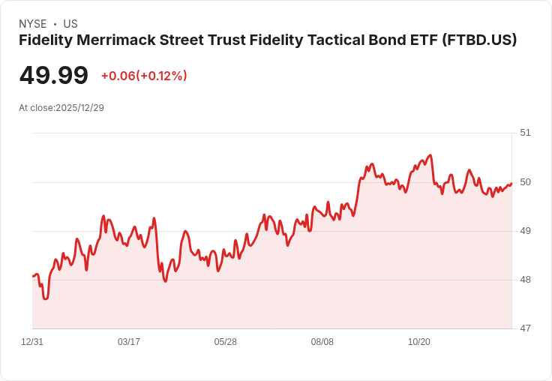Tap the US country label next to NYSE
click(x=70, y=24)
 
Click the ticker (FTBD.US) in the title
click(x=480, y=40)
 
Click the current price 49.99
click(x=54, y=75)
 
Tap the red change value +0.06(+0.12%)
click(x=144, y=76)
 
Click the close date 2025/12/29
click(x=79, y=108)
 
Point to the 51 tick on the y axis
click(x=525, y=133)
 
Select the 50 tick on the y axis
click(x=525, y=182)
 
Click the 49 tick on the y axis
click(x=525, y=231)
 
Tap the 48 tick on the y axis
click(x=525, y=280)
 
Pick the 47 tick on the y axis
click(x=525, y=328)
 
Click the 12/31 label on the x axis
click(x=32, y=342)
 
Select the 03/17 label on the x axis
click(x=129, y=342)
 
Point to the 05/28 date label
click(x=226, y=342)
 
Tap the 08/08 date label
click(x=322, y=342)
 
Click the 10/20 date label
click(x=419, y=342)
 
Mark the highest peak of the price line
click(x=430, y=155)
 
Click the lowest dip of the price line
click(x=45, y=298)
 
